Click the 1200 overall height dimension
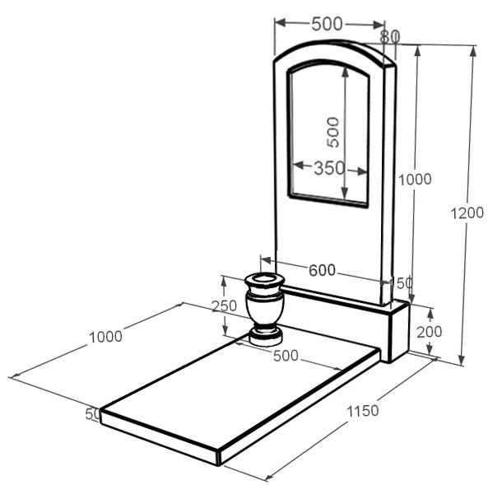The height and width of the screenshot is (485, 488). pos(467,213)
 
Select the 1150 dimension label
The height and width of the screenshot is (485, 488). pos(363,411)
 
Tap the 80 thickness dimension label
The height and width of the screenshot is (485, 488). pos(389,37)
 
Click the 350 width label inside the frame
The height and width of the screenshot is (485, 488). pos(329,168)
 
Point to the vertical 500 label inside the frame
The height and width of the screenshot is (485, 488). pos(332,132)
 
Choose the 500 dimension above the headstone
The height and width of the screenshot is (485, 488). pos(327,24)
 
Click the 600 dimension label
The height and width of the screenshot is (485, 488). pos(322,270)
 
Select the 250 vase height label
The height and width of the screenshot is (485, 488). pos(225,305)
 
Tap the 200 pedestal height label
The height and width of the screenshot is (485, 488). pos(430,332)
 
